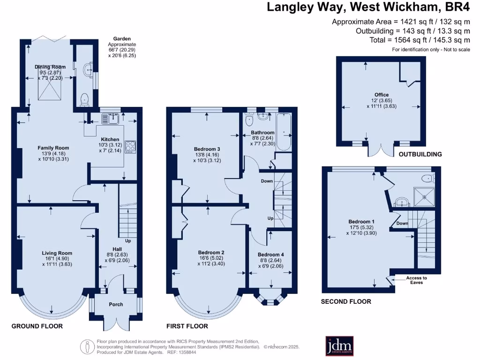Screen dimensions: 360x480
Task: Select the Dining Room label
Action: coord(50,67)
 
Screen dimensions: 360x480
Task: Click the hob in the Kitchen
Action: coord(130,146)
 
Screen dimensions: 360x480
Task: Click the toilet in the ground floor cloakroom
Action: coord(84,99)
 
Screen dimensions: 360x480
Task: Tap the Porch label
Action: coord(116,304)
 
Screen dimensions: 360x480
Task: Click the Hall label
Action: coord(117,249)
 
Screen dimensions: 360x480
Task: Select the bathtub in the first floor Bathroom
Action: coord(284,132)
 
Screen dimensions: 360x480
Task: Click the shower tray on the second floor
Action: coord(423,196)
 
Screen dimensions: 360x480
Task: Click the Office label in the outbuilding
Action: coord(381,95)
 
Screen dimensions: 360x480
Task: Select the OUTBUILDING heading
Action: coord(420,154)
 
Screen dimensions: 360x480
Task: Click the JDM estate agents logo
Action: coord(339,345)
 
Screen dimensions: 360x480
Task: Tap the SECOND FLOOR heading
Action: coord(345,301)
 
